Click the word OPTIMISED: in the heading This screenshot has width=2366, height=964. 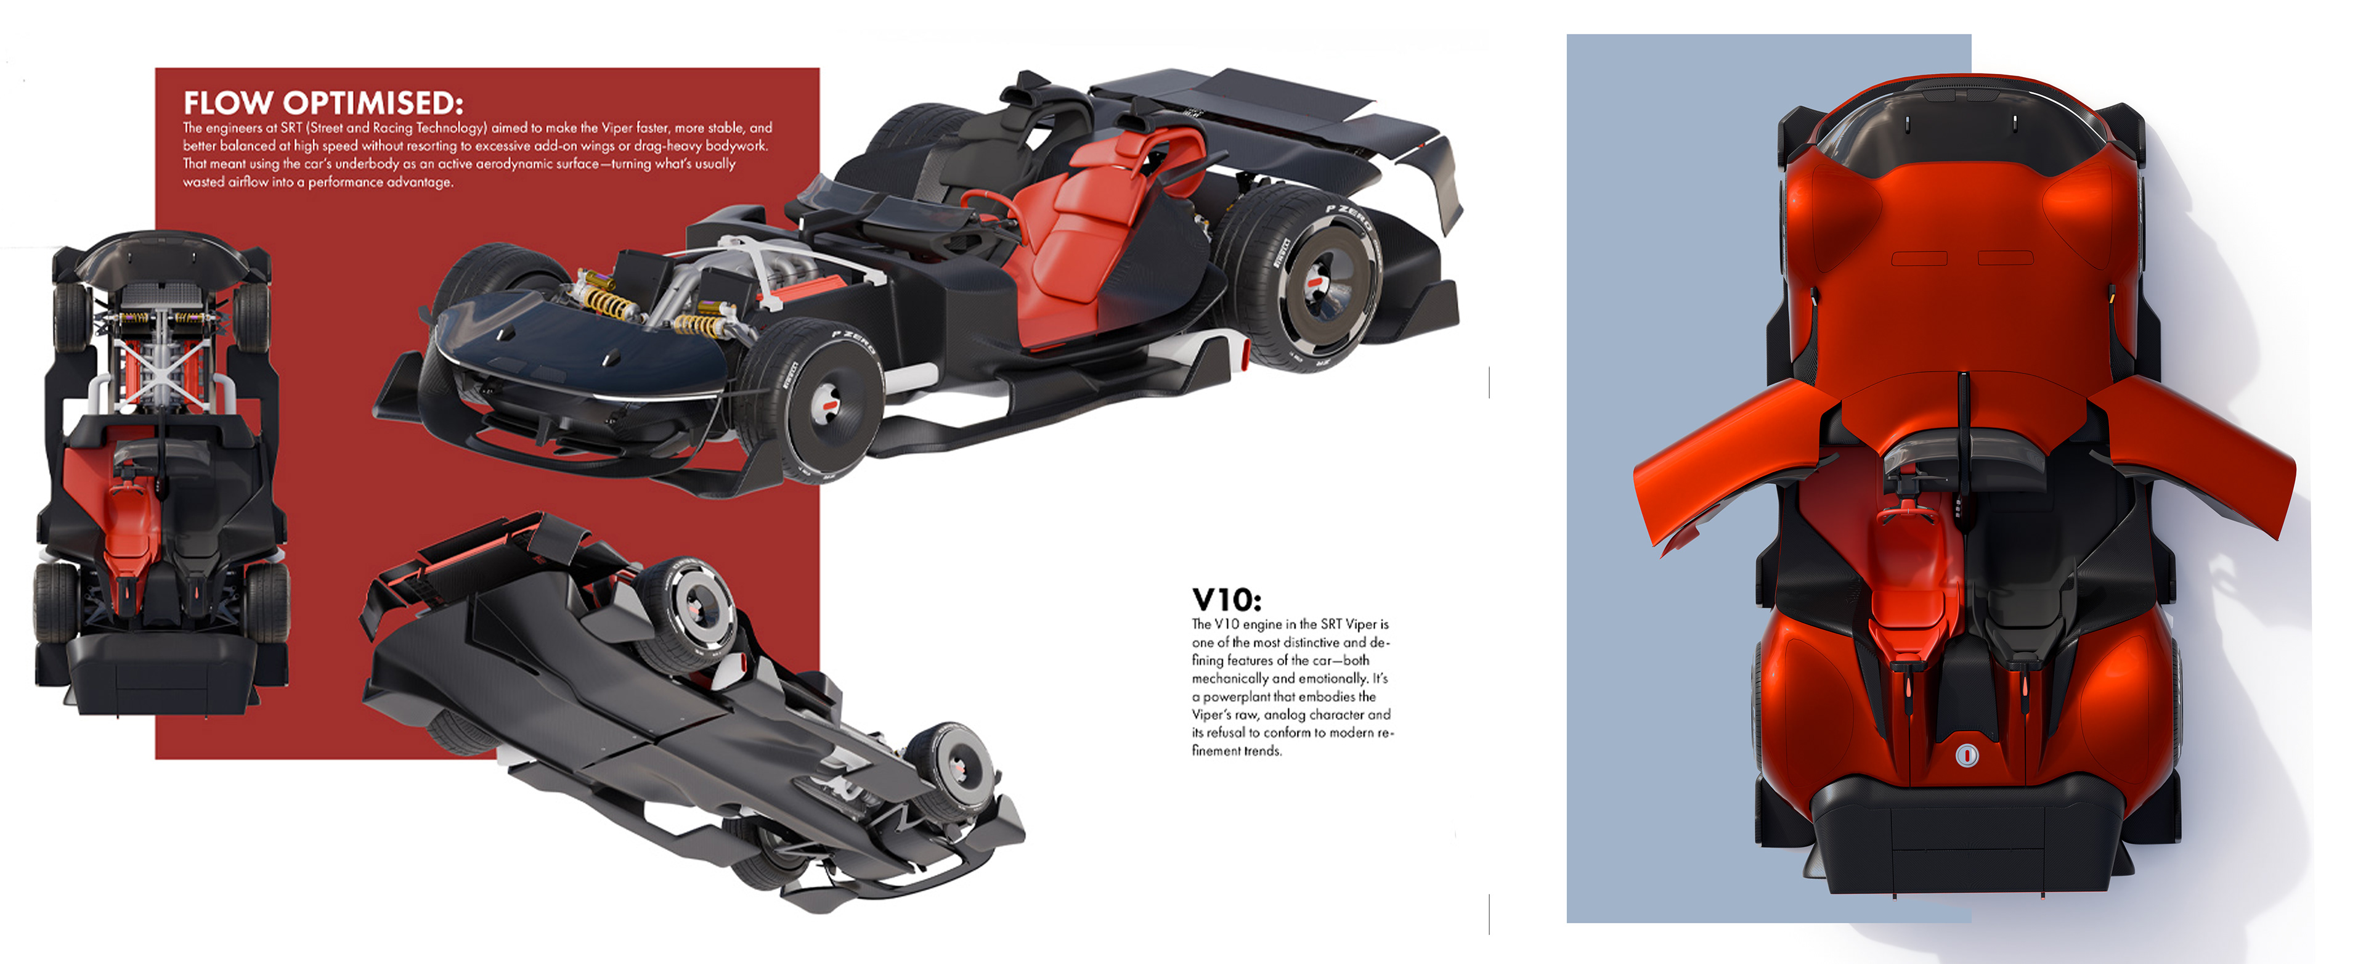[372, 103]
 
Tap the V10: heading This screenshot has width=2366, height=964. [1226, 600]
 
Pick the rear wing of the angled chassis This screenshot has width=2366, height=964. [1267, 101]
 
